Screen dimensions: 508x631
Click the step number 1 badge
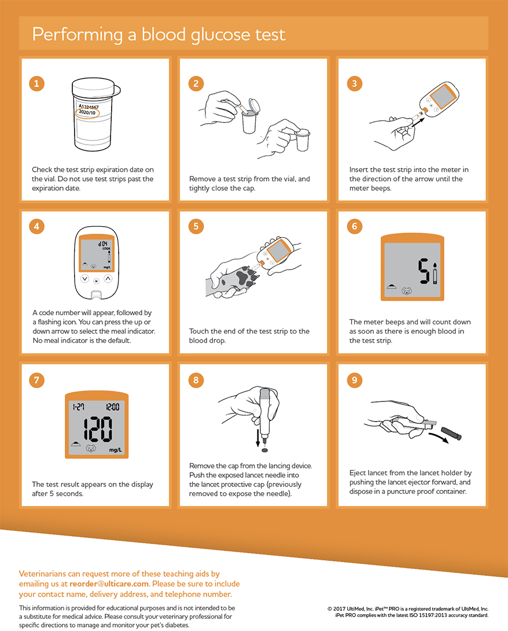[36, 84]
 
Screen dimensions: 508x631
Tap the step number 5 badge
[196, 226]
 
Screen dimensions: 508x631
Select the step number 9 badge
[355, 381]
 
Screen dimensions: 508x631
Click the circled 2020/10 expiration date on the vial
[87, 112]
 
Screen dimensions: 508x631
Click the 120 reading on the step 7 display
[98, 429]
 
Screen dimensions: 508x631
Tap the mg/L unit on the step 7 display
[116, 449]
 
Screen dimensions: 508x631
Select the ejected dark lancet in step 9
[451, 433]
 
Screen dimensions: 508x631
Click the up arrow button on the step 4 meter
[108, 278]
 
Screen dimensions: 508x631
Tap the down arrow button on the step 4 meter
[84, 278]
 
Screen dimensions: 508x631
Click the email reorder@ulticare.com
[109, 584]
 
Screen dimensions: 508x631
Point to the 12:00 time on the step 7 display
[113, 407]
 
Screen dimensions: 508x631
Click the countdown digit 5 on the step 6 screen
[424, 271]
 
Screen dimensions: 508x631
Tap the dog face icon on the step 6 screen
[407, 290]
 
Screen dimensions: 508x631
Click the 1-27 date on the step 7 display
[79, 407]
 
